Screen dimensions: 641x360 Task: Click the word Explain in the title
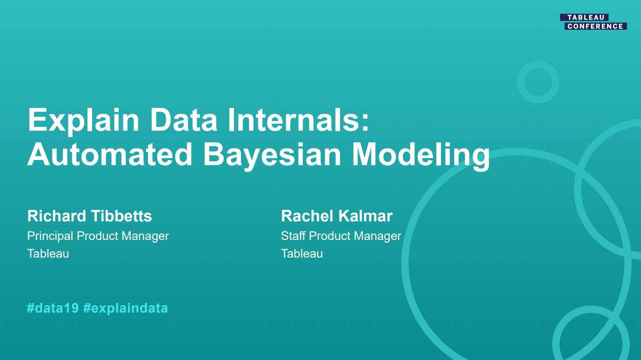83,120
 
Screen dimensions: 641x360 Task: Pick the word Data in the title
183,120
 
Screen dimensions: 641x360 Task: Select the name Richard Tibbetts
90,216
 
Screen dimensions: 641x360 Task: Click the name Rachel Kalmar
336,216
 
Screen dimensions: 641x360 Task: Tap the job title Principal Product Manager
98,236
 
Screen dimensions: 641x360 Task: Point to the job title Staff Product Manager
341,236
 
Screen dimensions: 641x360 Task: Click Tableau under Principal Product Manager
48,253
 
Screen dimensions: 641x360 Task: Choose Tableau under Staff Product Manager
302,253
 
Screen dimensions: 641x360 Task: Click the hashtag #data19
53,308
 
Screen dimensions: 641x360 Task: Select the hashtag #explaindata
125,308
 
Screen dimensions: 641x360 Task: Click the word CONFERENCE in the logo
595,27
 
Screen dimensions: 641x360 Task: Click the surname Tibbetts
121,216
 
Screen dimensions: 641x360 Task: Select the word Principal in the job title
50,236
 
